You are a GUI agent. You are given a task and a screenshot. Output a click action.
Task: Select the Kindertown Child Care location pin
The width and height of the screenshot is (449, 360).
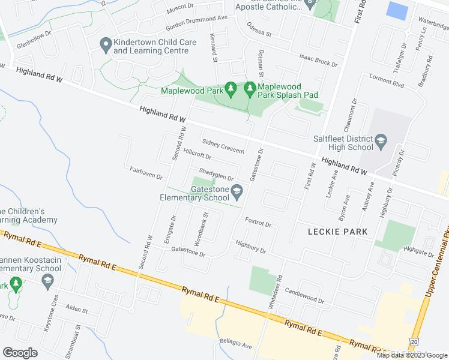[106, 44]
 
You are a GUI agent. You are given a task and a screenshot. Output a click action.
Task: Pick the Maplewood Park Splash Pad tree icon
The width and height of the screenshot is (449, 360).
[250, 89]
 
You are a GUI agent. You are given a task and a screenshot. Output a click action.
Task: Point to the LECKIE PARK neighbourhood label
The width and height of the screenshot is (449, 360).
[337, 231]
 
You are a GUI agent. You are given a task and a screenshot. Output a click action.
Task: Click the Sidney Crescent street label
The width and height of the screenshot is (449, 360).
[223, 146]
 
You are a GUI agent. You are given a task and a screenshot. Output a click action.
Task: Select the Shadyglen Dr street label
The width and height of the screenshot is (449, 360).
[215, 175]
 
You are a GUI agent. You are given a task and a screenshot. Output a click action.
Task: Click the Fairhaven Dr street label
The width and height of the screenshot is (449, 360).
[146, 174]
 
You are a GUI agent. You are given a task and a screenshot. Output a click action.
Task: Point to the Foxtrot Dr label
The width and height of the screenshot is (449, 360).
[258, 223]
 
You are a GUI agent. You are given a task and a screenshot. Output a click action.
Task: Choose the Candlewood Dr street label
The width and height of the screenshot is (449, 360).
[304, 295]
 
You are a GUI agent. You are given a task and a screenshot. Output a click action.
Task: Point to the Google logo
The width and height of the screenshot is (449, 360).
[20, 353]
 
